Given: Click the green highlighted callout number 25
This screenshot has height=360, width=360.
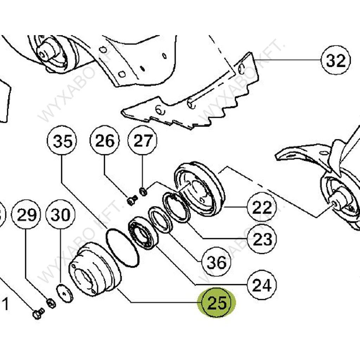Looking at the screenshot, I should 217,303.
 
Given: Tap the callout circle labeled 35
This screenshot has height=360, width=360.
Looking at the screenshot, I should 62,141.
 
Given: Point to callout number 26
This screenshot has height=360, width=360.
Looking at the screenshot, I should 105,141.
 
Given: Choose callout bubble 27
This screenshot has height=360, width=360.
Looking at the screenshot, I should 142,141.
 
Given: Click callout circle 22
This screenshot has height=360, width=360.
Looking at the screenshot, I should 262,208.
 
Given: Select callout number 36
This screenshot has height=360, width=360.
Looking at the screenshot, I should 216,262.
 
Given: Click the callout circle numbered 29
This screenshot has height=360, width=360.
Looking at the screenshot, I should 26,214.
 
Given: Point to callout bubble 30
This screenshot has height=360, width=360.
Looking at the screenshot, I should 61,214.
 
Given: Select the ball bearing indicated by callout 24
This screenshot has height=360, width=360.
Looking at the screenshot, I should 143,233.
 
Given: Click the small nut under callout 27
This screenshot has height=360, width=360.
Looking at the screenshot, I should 143,192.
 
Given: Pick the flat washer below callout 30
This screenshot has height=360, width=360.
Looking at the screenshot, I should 65,293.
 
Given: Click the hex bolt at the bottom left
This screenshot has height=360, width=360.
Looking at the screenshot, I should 37,314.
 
